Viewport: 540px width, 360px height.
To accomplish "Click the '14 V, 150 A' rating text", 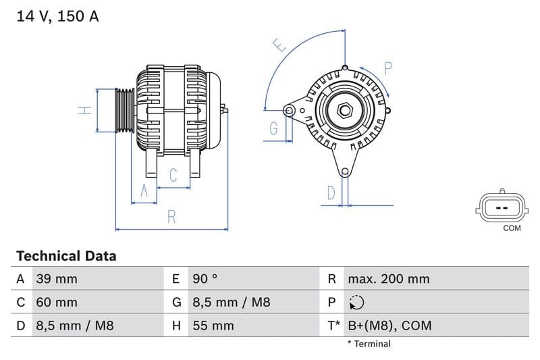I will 57,17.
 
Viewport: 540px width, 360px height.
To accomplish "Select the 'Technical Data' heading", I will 66,256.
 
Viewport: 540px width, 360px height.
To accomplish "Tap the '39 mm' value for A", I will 56,279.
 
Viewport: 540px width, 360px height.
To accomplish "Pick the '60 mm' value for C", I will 56,302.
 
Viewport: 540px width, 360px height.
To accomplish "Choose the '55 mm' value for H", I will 213,326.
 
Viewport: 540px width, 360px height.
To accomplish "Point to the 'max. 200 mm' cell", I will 388,279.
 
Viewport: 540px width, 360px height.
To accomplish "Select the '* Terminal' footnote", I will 369,344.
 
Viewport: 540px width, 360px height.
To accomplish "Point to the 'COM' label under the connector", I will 512,228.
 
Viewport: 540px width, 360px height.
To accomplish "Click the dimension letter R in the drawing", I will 172,217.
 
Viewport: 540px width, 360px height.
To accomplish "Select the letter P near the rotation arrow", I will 388,68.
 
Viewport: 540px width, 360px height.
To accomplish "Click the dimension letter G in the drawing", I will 274,128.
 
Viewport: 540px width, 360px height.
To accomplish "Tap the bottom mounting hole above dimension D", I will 345,172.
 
